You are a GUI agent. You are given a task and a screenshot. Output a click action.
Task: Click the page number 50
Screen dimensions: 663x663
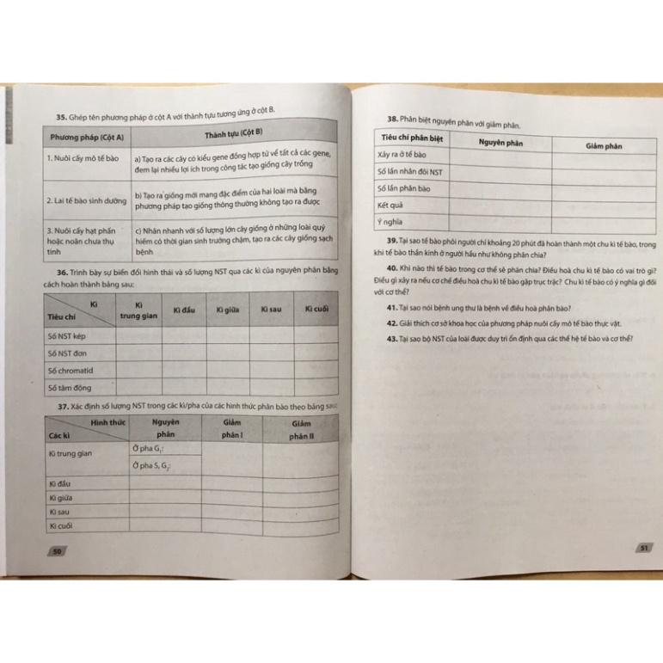(58, 551)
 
